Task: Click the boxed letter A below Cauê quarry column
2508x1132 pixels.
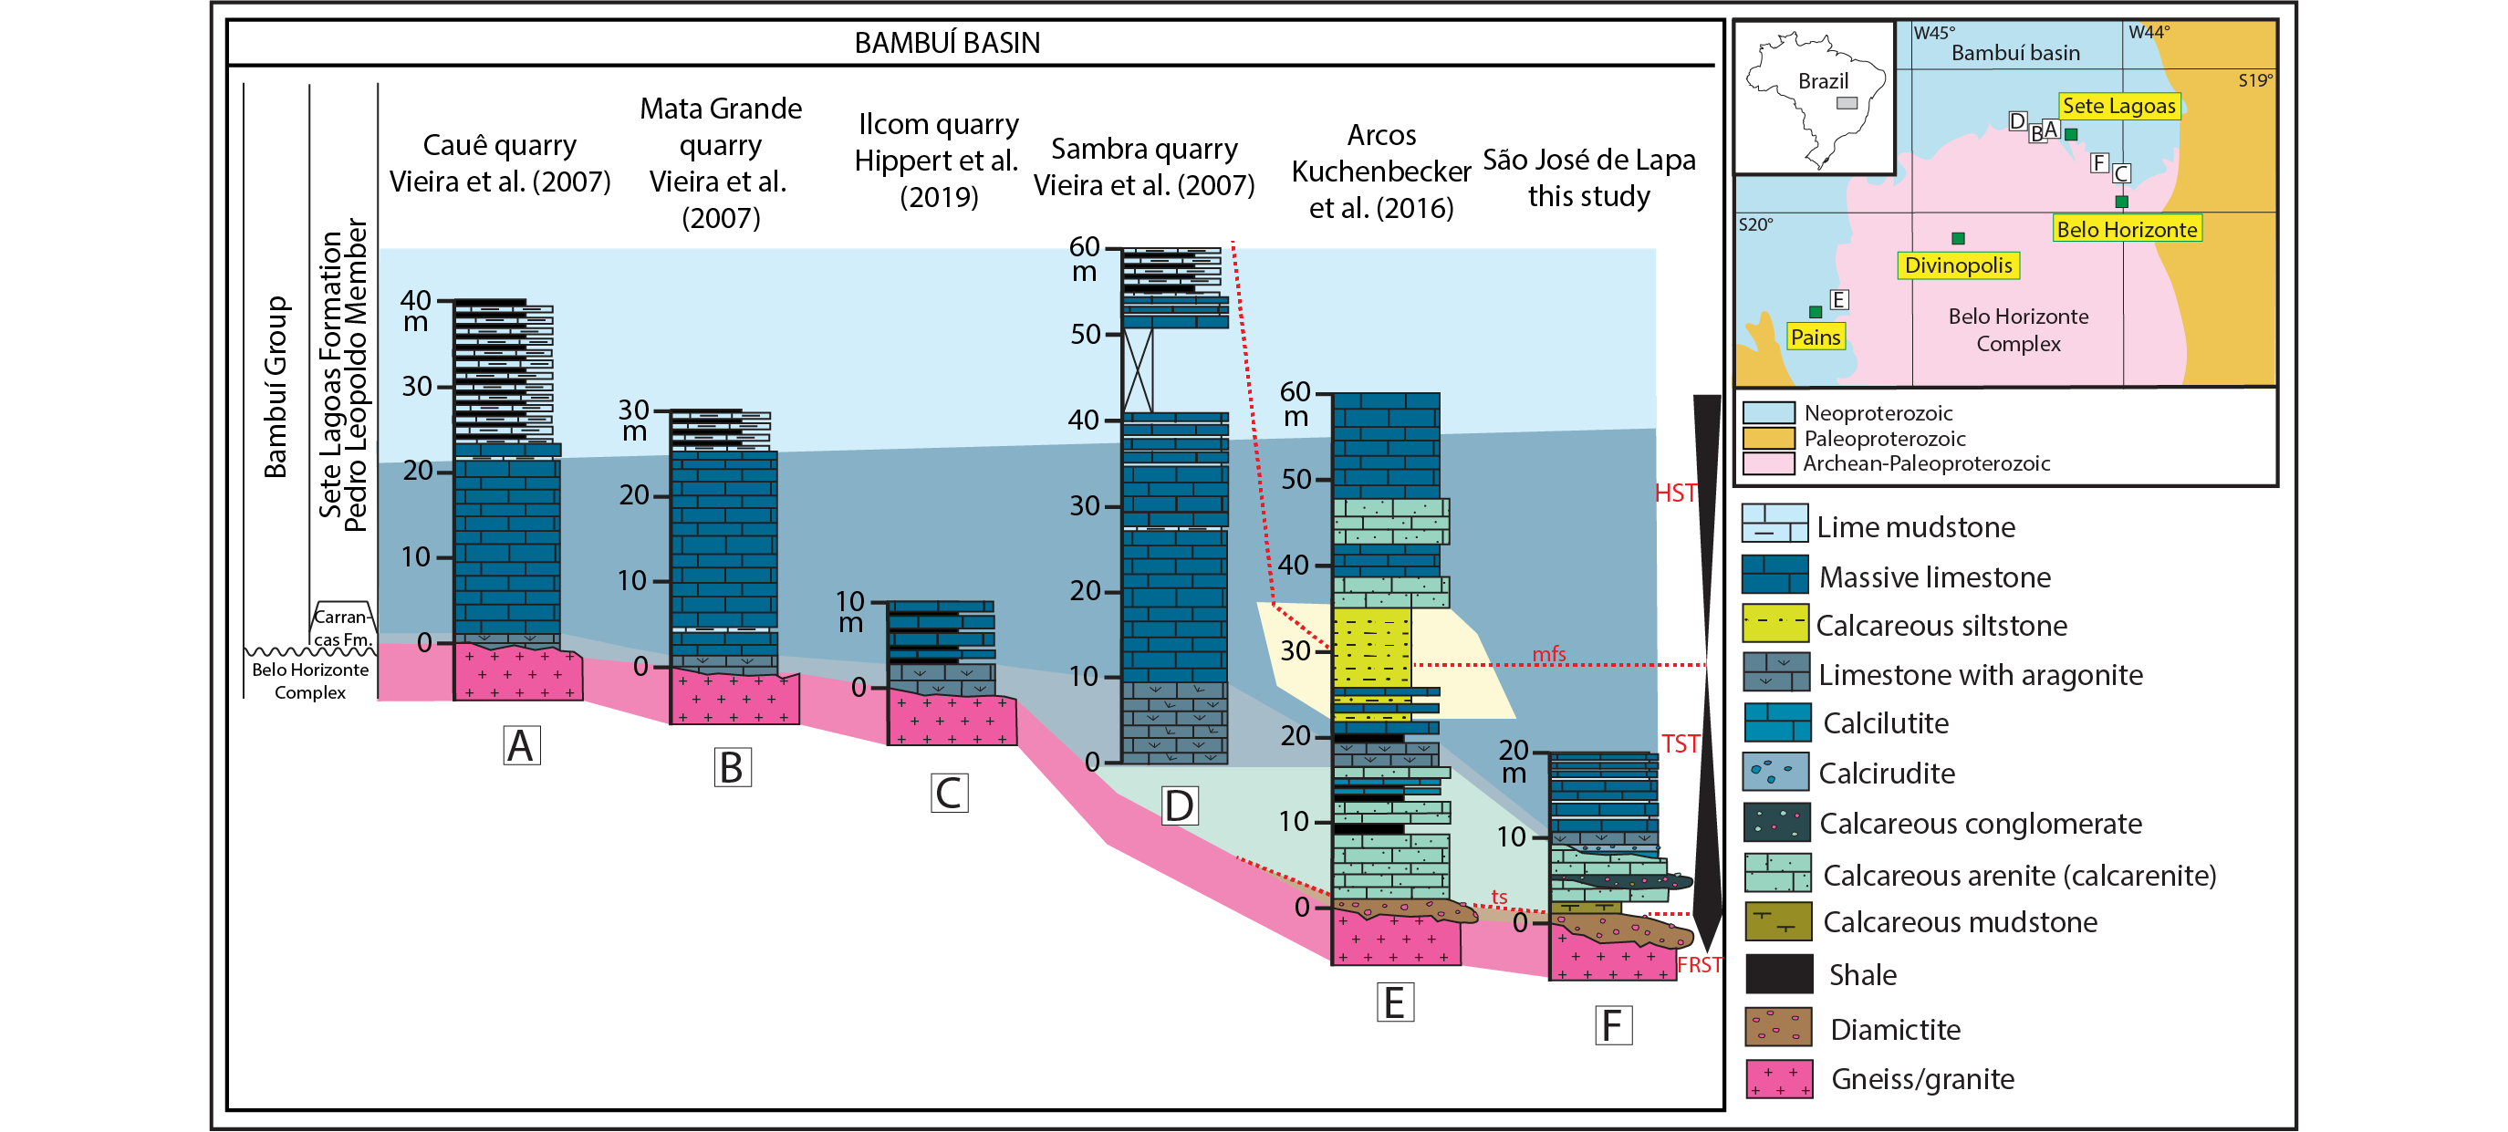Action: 522,745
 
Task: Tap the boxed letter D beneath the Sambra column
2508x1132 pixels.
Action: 1179,806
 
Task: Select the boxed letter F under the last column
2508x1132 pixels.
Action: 1613,1026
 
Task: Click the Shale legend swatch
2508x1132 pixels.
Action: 1779,973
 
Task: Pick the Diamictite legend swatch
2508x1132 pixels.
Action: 1779,1027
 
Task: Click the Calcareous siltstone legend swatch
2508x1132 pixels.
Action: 1774,623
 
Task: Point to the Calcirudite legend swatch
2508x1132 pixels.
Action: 1774,772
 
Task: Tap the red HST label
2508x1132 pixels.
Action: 1676,493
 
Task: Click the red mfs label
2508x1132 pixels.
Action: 1549,654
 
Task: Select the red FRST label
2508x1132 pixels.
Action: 1699,964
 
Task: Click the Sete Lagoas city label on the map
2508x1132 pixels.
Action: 2118,105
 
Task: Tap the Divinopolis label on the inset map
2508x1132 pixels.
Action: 1958,265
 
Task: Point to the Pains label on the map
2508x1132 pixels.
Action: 1816,337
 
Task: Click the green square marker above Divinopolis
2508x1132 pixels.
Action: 1958,238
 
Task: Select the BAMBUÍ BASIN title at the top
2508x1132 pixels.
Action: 947,43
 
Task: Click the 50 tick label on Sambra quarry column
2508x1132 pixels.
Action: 1086,334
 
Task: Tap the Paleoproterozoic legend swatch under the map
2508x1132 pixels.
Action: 1768,438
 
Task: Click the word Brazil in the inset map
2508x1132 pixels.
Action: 1823,81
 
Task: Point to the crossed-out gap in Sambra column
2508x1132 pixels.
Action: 1137,371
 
